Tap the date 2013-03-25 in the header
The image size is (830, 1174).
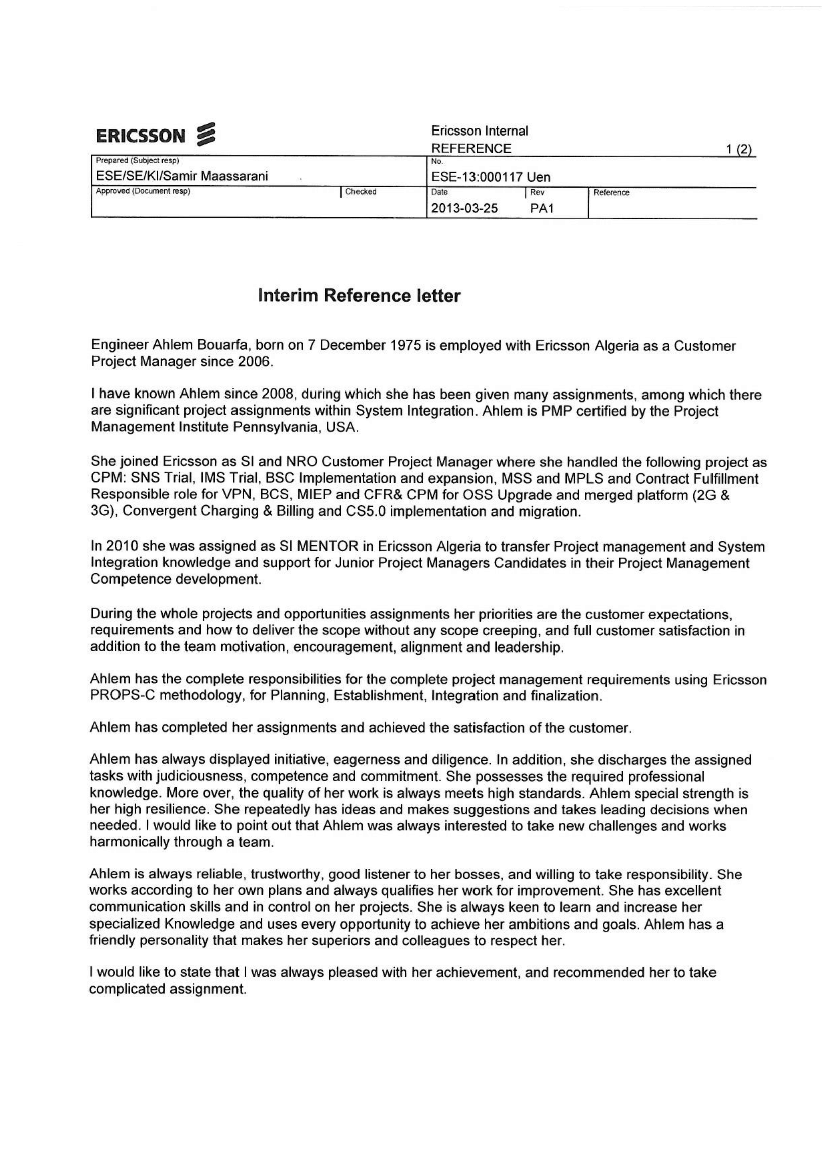click(464, 209)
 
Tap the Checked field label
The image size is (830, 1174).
click(361, 192)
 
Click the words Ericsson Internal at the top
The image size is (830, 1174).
click(479, 131)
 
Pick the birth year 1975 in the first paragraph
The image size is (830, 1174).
click(406, 346)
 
